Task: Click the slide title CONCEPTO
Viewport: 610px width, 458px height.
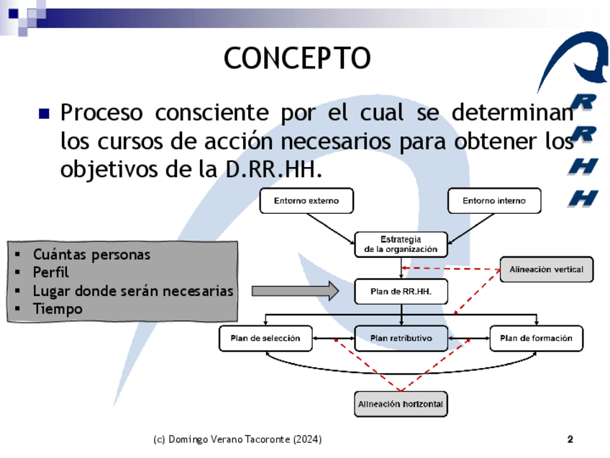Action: pos(296,58)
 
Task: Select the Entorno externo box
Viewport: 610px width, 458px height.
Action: pos(306,201)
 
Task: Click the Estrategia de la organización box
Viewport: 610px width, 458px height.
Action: pos(401,244)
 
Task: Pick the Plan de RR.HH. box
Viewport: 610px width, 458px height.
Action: pos(401,291)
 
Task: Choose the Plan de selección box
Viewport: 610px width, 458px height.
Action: pos(265,338)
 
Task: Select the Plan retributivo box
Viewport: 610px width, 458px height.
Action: pos(401,338)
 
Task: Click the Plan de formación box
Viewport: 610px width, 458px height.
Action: pos(536,338)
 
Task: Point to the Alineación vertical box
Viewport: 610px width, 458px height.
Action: pos(547,269)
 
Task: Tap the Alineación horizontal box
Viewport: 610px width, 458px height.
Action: pos(401,404)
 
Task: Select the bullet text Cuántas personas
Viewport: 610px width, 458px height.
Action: pos(91,254)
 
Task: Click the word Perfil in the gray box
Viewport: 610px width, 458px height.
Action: pos(51,272)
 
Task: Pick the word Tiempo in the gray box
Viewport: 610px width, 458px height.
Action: pos(58,309)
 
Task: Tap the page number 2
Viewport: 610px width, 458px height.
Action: pos(570,439)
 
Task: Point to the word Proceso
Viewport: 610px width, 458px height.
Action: pos(101,114)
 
